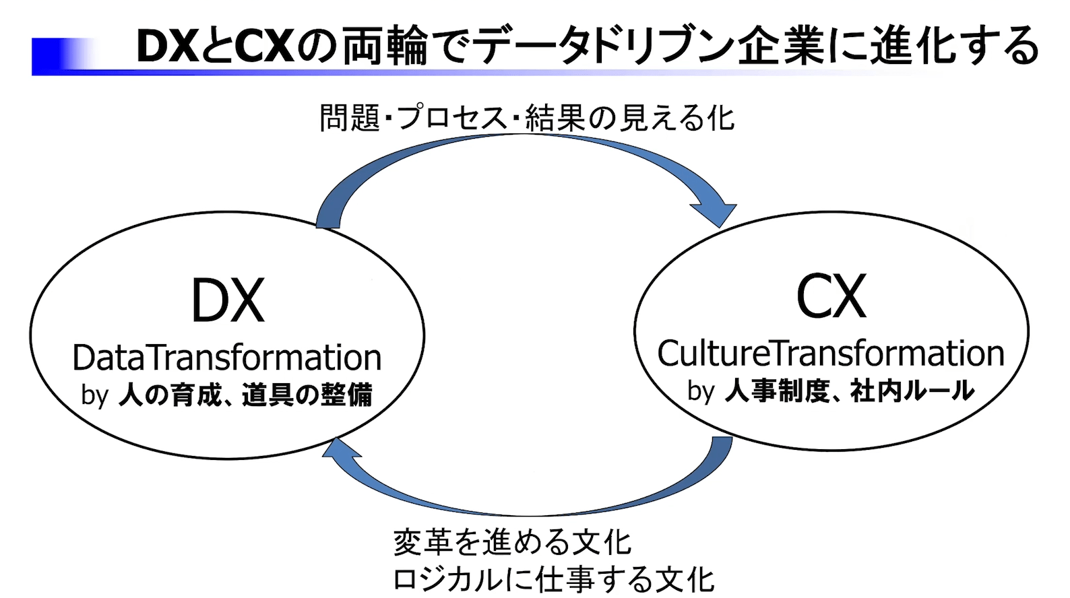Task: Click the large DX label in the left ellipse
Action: [x=228, y=301]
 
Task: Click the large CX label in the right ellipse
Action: [x=831, y=297]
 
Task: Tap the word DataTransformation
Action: [x=226, y=358]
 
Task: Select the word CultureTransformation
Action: [x=830, y=354]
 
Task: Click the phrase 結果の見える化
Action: [x=629, y=119]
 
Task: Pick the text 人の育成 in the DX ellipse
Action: [x=170, y=395]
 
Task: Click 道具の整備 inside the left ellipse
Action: [x=307, y=395]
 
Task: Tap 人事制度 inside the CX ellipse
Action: [x=776, y=391]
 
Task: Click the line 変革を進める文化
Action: [x=512, y=543]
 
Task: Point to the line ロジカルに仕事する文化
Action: [x=553, y=580]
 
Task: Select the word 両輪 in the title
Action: [x=384, y=46]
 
